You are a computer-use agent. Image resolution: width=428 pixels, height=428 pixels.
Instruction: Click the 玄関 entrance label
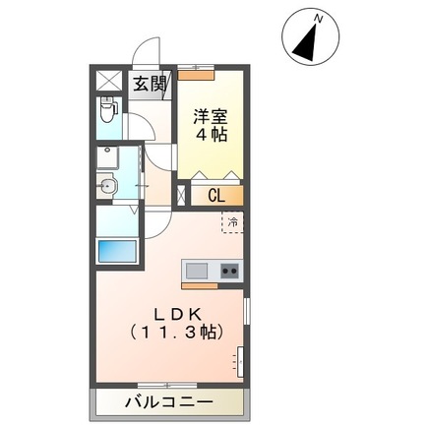click(x=151, y=84)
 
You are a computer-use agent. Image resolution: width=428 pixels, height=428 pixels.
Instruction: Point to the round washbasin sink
click(x=108, y=184)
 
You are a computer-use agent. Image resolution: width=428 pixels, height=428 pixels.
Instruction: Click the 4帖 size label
click(x=212, y=135)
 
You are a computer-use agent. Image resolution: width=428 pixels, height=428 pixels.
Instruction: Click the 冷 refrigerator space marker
click(x=234, y=223)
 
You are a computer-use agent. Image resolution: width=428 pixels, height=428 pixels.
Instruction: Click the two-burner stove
click(x=229, y=271)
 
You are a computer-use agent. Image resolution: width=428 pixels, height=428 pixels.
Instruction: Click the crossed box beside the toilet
click(x=109, y=81)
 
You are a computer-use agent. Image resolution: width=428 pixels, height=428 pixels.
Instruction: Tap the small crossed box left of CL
click(x=181, y=195)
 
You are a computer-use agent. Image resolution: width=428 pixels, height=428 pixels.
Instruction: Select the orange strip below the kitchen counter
click(x=199, y=284)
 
